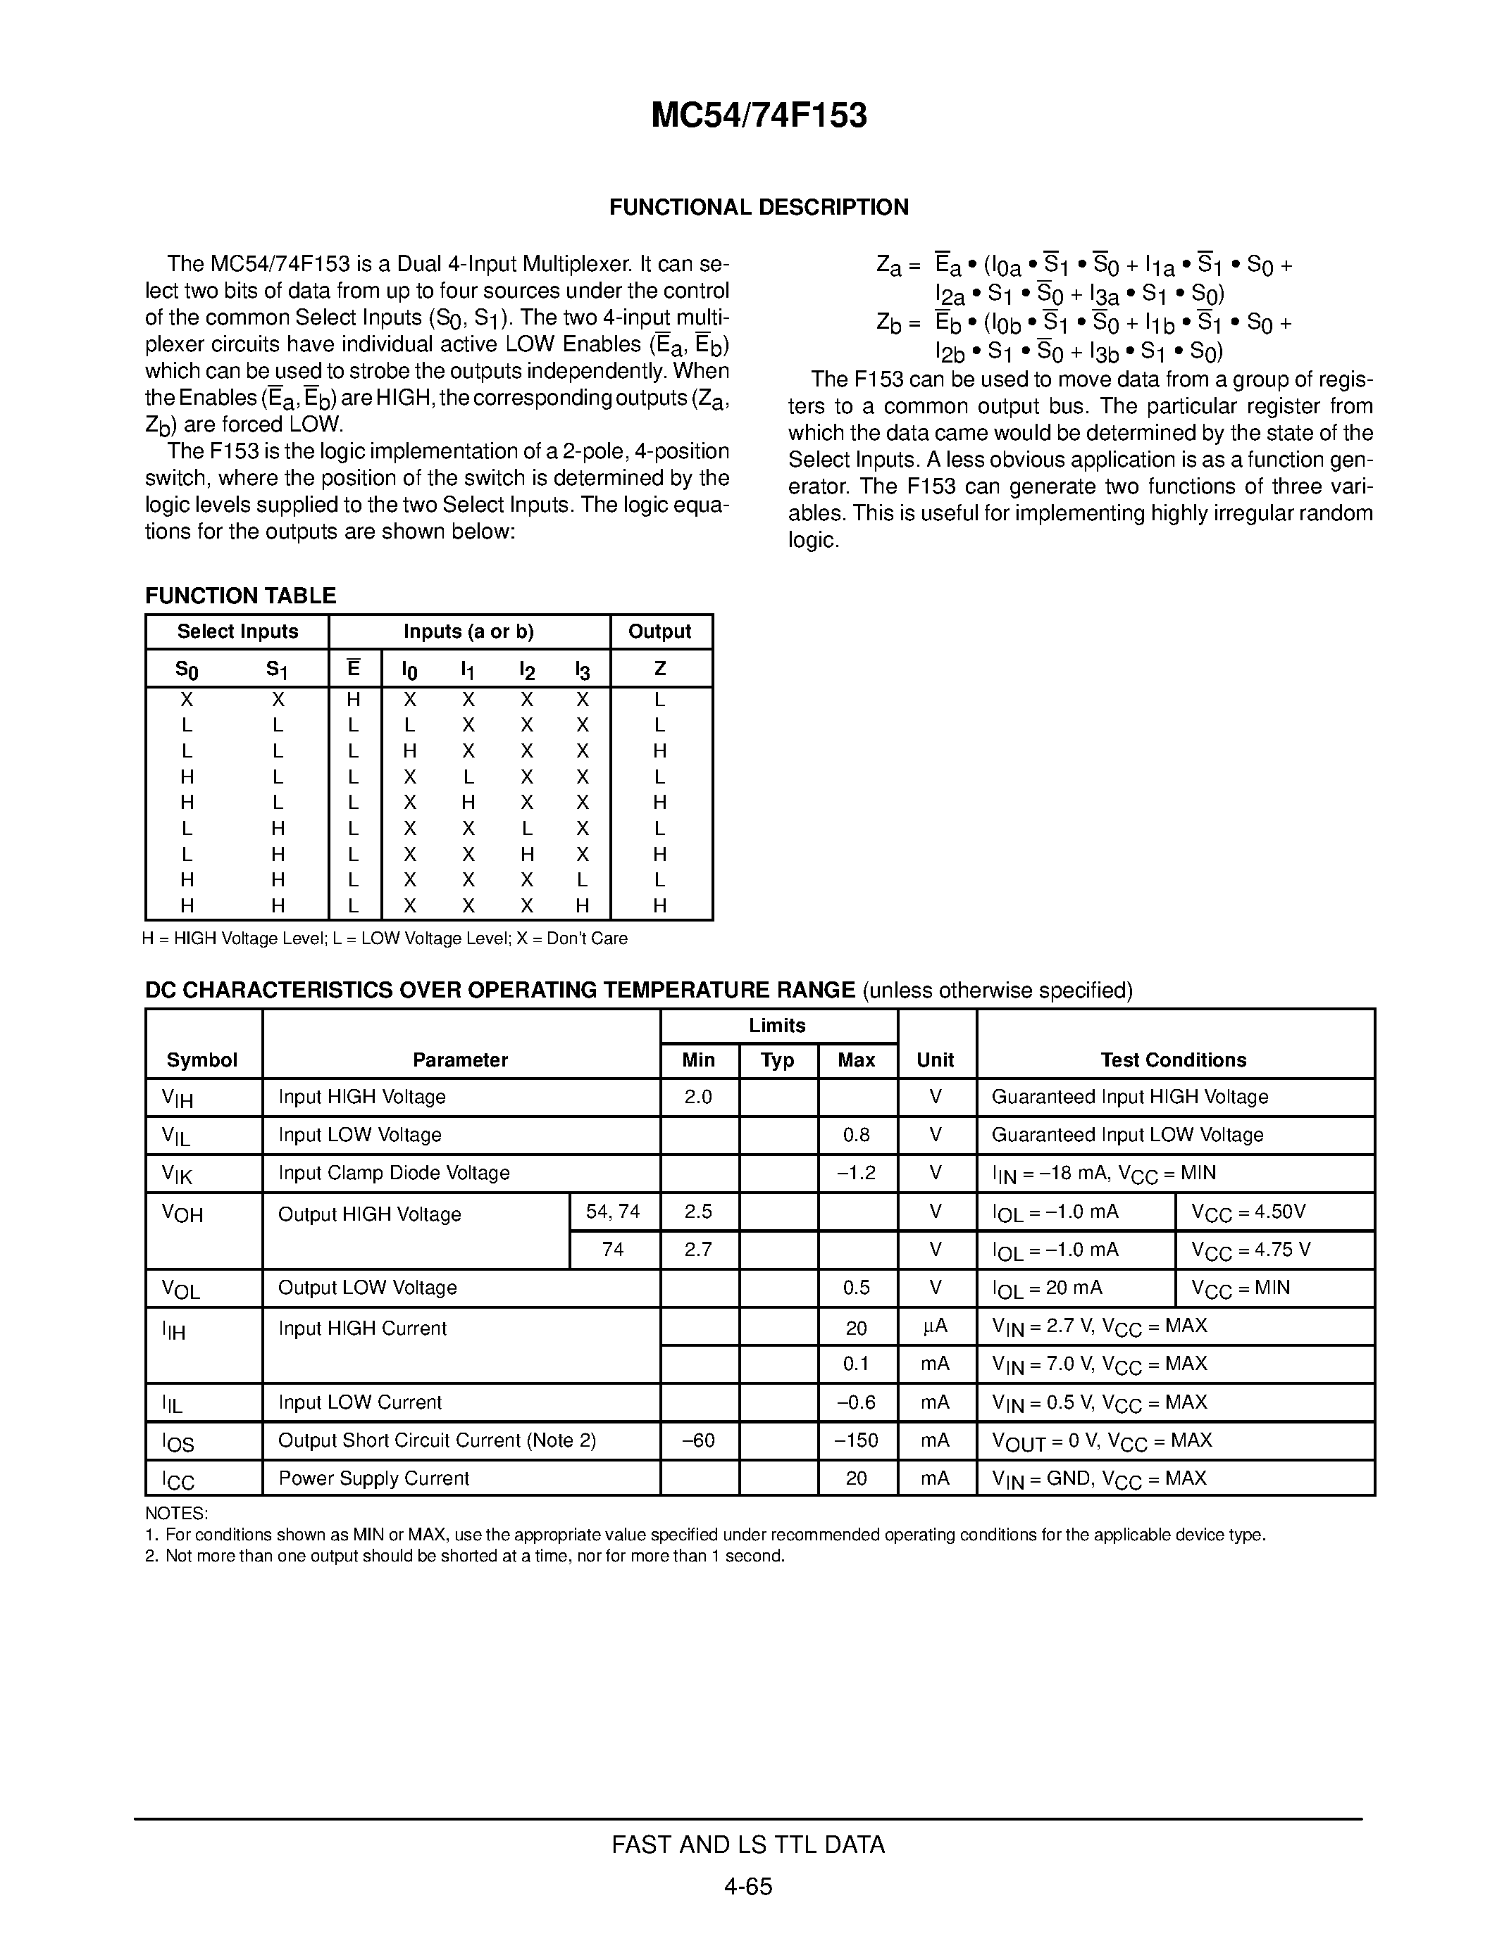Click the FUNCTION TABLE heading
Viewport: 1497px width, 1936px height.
pos(240,596)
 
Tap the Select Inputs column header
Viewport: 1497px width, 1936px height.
pos(237,631)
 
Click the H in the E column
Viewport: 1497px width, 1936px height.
pos(353,699)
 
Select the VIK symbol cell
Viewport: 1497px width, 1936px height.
pos(177,1174)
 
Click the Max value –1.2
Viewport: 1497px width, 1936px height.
pos(856,1173)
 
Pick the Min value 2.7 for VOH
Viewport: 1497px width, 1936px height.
pos(698,1249)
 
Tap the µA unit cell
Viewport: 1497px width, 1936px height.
pos(935,1326)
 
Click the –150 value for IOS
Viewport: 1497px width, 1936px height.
pos(856,1440)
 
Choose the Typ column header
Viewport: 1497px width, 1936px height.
pos(777,1060)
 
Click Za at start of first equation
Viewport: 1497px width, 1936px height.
pos(888,265)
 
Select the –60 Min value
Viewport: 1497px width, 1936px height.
pos(698,1440)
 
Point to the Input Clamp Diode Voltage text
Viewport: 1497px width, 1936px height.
pos(394,1173)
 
